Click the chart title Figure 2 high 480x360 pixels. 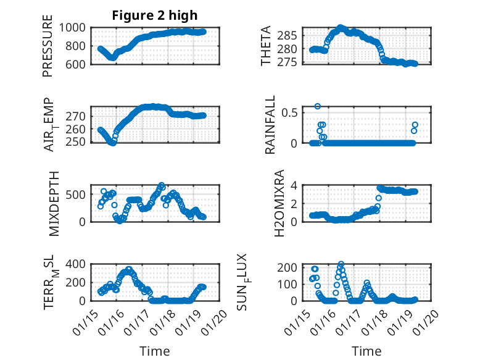point(155,15)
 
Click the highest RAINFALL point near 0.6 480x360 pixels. point(318,106)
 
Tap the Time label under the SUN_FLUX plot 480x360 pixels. point(366,351)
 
